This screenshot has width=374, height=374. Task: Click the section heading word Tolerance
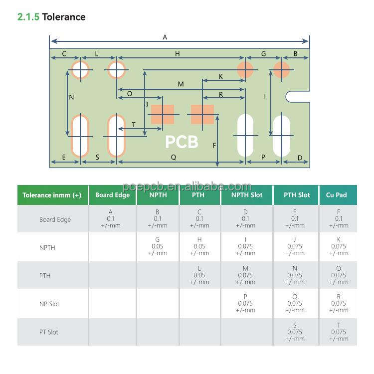click(63, 17)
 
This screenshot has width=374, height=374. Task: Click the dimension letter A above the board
click(165, 37)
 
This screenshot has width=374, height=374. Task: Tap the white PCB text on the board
click(182, 142)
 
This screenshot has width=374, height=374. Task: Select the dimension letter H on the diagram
click(177, 53)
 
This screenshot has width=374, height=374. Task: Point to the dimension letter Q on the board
click(174, 157)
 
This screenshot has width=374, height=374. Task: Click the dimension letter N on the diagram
click(71, 97)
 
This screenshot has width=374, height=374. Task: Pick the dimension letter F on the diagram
click(214, 146)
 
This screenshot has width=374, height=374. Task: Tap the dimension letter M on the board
click(181, 84)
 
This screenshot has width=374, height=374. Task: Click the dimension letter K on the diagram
click(220, 76)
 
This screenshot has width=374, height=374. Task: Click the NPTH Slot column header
click(247, 195)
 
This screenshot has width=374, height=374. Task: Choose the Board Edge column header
click(112, 195)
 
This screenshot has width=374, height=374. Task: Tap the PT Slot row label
click(49, 332)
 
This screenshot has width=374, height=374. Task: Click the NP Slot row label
click(49, 304)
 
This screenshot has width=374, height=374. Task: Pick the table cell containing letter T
click(338, 332)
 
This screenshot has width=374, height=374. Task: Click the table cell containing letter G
click(158, 246)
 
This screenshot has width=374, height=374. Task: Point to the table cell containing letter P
click(245, 303)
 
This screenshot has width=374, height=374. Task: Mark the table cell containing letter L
click(199, 275)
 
